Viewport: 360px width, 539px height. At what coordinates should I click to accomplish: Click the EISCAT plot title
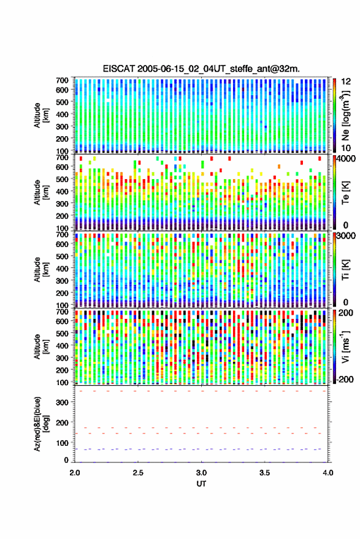pos(201,69)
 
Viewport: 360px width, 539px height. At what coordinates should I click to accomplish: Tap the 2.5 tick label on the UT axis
pos(138,473)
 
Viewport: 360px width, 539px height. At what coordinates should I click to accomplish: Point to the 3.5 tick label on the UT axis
pos(264,473)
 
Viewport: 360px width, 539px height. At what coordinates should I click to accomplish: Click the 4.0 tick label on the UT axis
pos(327,473)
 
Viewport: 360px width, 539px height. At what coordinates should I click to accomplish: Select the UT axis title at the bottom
pos(201,484)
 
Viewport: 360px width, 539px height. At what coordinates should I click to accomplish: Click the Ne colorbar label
pos(345,115)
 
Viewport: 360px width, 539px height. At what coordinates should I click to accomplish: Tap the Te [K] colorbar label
pos(345,193)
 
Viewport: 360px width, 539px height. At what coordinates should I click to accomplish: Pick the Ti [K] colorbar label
pos(345,270)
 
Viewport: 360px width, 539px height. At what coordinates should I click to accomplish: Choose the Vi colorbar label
pos(345,346)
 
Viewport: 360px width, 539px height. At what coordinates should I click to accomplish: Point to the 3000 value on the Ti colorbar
pos(347,236)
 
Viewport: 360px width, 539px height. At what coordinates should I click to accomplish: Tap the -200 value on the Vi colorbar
pos(344,379)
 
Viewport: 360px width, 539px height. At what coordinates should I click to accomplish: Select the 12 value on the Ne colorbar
pos(347,82)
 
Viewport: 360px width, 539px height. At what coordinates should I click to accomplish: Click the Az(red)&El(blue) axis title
pos(41,424)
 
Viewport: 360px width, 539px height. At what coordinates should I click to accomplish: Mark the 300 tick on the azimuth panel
pos(62,402)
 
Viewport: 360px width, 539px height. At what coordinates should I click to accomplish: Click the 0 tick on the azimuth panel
pos(66,460)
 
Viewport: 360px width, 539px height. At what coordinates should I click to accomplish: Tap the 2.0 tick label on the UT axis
pos(75,473)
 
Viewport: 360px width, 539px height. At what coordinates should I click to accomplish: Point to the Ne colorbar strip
pos(335,115)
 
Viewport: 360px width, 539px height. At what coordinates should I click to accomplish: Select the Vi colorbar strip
pos(335,346)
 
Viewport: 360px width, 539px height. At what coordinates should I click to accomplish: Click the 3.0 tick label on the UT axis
pos(201,473)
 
